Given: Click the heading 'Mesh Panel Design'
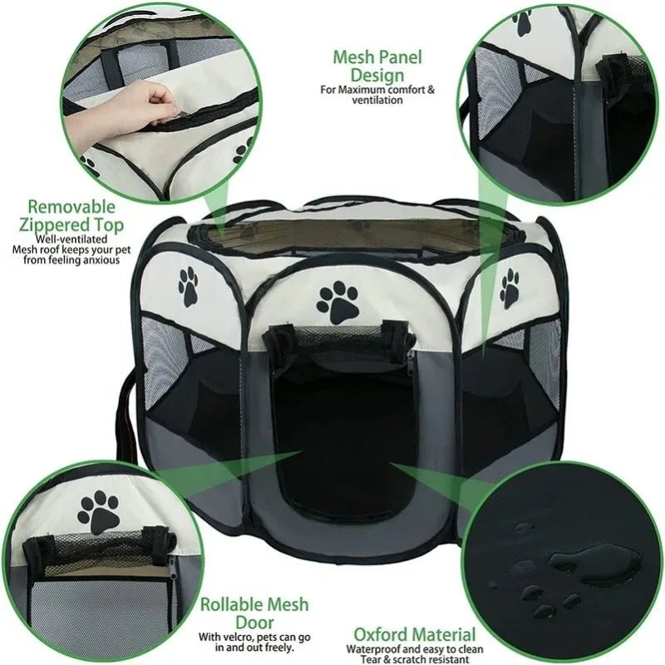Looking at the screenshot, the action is coord(377,66).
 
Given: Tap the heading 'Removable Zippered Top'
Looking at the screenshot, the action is coord(71,215).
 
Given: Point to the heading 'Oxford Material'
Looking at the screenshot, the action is coord(415,634).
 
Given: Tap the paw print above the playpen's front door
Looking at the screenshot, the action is coord(338,303).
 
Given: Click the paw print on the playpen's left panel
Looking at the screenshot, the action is coord(189,287).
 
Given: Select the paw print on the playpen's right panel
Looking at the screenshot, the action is coord(510,288).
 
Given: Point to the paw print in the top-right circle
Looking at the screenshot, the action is coord(523,22).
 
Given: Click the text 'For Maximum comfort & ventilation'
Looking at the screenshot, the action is coord(377,95).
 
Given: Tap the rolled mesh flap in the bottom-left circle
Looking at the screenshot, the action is coord(100,550).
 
